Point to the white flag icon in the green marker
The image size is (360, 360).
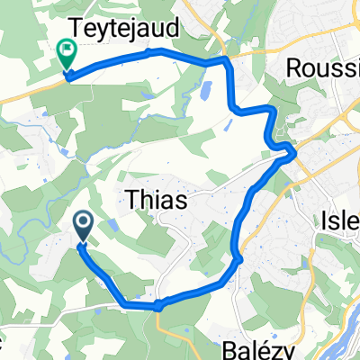(66, 49)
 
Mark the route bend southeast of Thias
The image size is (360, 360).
(238, 260)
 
